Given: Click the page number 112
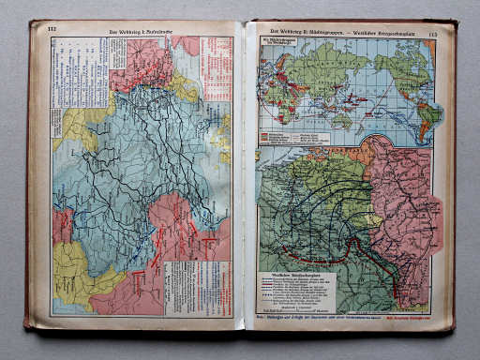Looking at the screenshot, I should click(52, 30).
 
